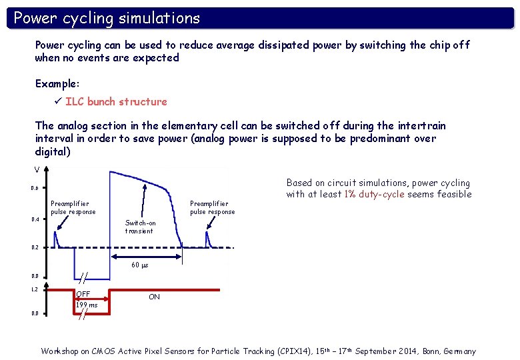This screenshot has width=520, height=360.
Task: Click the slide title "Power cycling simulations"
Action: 107,18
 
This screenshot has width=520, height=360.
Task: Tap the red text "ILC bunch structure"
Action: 116,101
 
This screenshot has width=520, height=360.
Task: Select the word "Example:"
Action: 57,84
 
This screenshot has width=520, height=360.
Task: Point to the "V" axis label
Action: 37,169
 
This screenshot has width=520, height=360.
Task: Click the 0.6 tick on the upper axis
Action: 35,188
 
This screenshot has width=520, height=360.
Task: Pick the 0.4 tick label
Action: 35,219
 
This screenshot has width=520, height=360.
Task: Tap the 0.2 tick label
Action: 35,247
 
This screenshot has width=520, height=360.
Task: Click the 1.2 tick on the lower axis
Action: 35,289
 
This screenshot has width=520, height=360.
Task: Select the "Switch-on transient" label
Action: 140,227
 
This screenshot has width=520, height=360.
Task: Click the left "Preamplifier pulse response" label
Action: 73,207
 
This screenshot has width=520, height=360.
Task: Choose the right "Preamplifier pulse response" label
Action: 212,207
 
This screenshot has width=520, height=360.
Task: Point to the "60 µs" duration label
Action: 139,265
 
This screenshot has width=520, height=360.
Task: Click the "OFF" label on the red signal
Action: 83,295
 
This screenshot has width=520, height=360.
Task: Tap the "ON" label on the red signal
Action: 154,297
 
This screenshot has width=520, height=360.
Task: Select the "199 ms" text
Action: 86,305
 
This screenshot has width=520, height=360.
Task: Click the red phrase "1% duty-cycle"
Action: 374,194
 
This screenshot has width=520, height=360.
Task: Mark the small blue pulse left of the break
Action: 57,238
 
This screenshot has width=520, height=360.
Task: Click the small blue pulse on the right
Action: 208,238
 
